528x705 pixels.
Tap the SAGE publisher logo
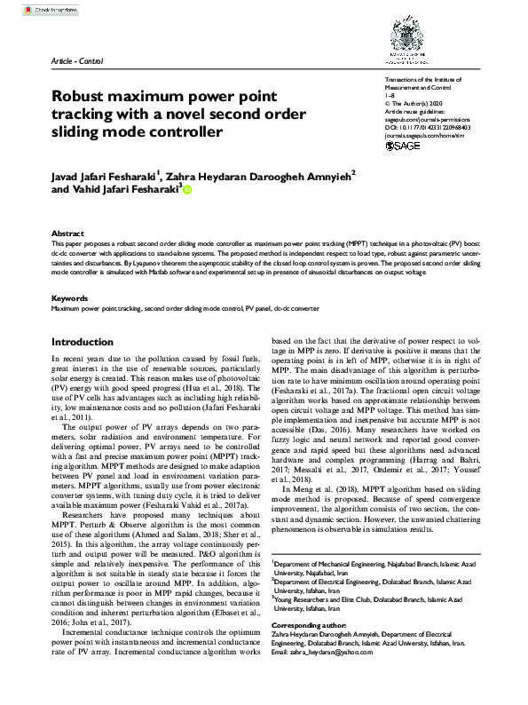404,146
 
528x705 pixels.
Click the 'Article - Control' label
78,60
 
